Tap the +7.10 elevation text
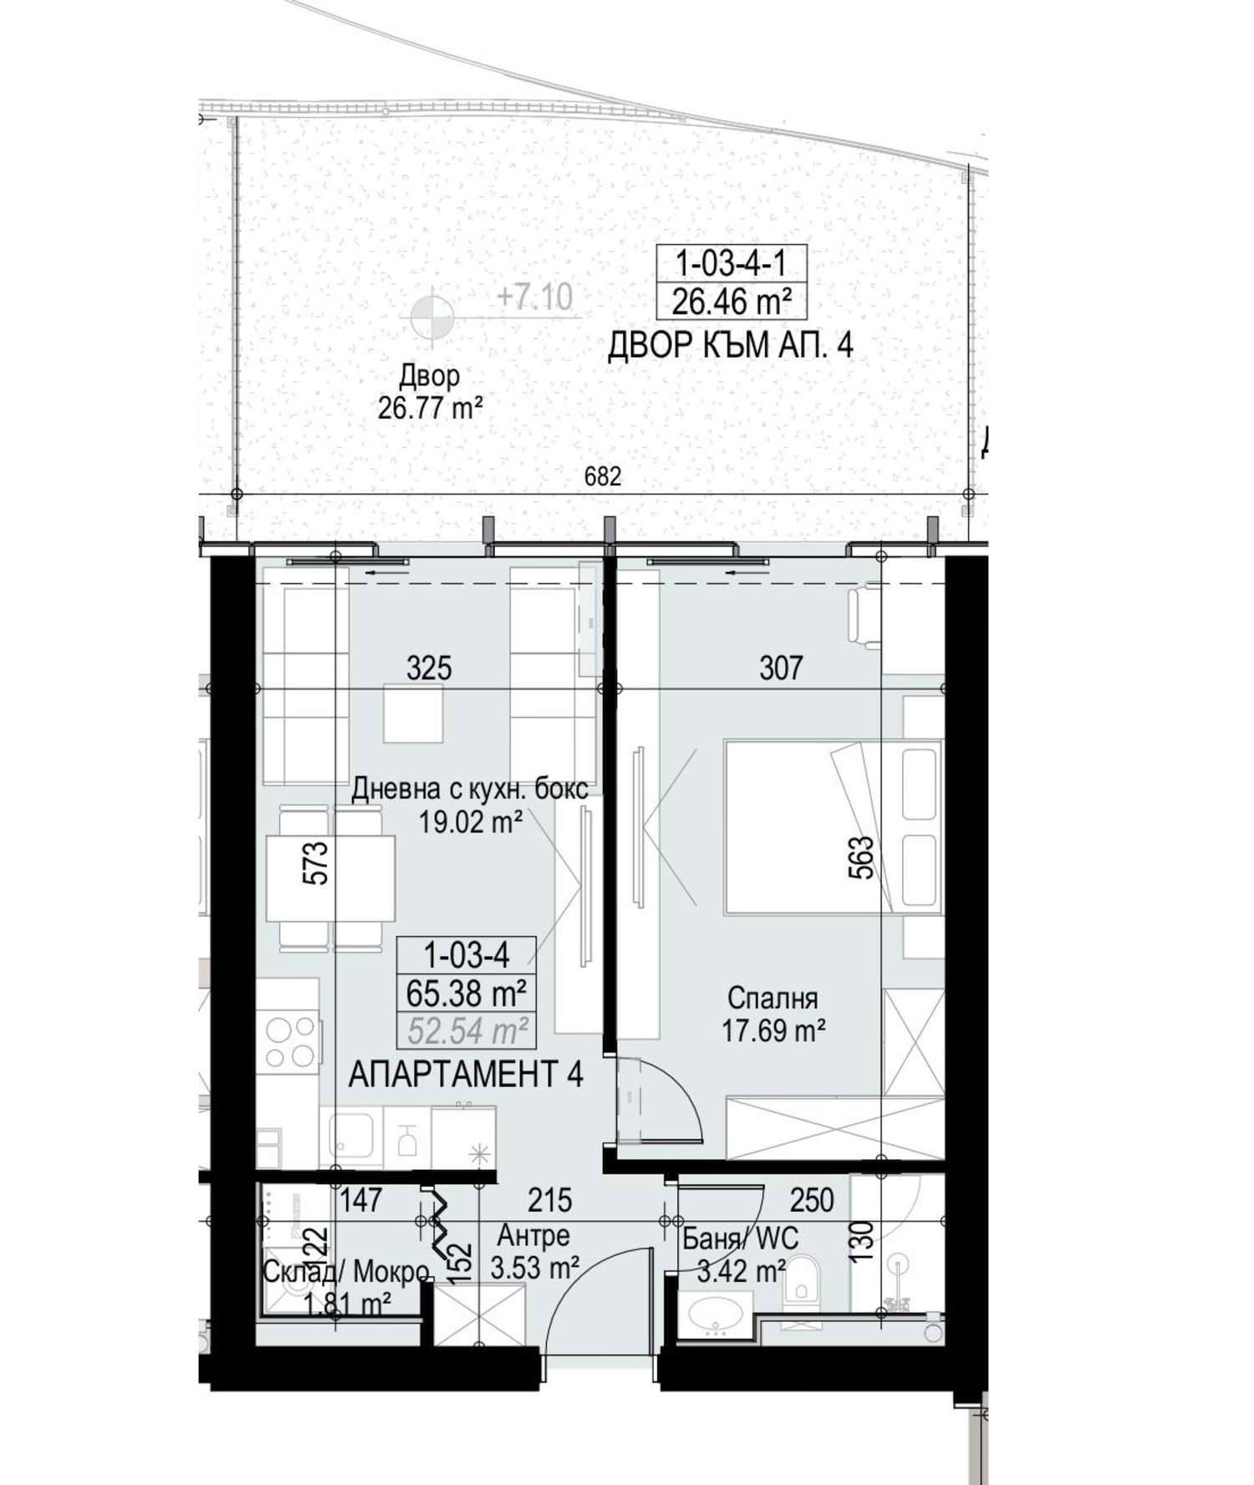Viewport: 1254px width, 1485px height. click(x=534, y=297)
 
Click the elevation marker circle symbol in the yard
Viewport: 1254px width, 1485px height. click(x=432, y=316)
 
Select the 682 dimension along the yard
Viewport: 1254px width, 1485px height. click(x=603, y=476)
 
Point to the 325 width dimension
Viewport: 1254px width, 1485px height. click(x=429, y=668)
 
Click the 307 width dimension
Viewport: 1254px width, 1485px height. click(x=781, y=668)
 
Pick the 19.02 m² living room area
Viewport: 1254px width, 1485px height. click(x=471, y=822)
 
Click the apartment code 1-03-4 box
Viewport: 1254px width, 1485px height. click(x=466, y=954)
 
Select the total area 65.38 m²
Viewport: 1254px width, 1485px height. click(x=466, y=994)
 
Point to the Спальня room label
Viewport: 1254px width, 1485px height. click(x=772, y=999)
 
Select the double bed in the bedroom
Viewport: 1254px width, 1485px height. click(x=833, y=826)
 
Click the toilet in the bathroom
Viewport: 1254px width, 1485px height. click(x=803, y=1280)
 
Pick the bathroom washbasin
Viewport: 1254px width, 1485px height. click(x=715, y=1318)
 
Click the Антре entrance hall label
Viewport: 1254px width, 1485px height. click(x=533, y=1235)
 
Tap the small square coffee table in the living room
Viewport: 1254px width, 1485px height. click(x=414, y=713)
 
